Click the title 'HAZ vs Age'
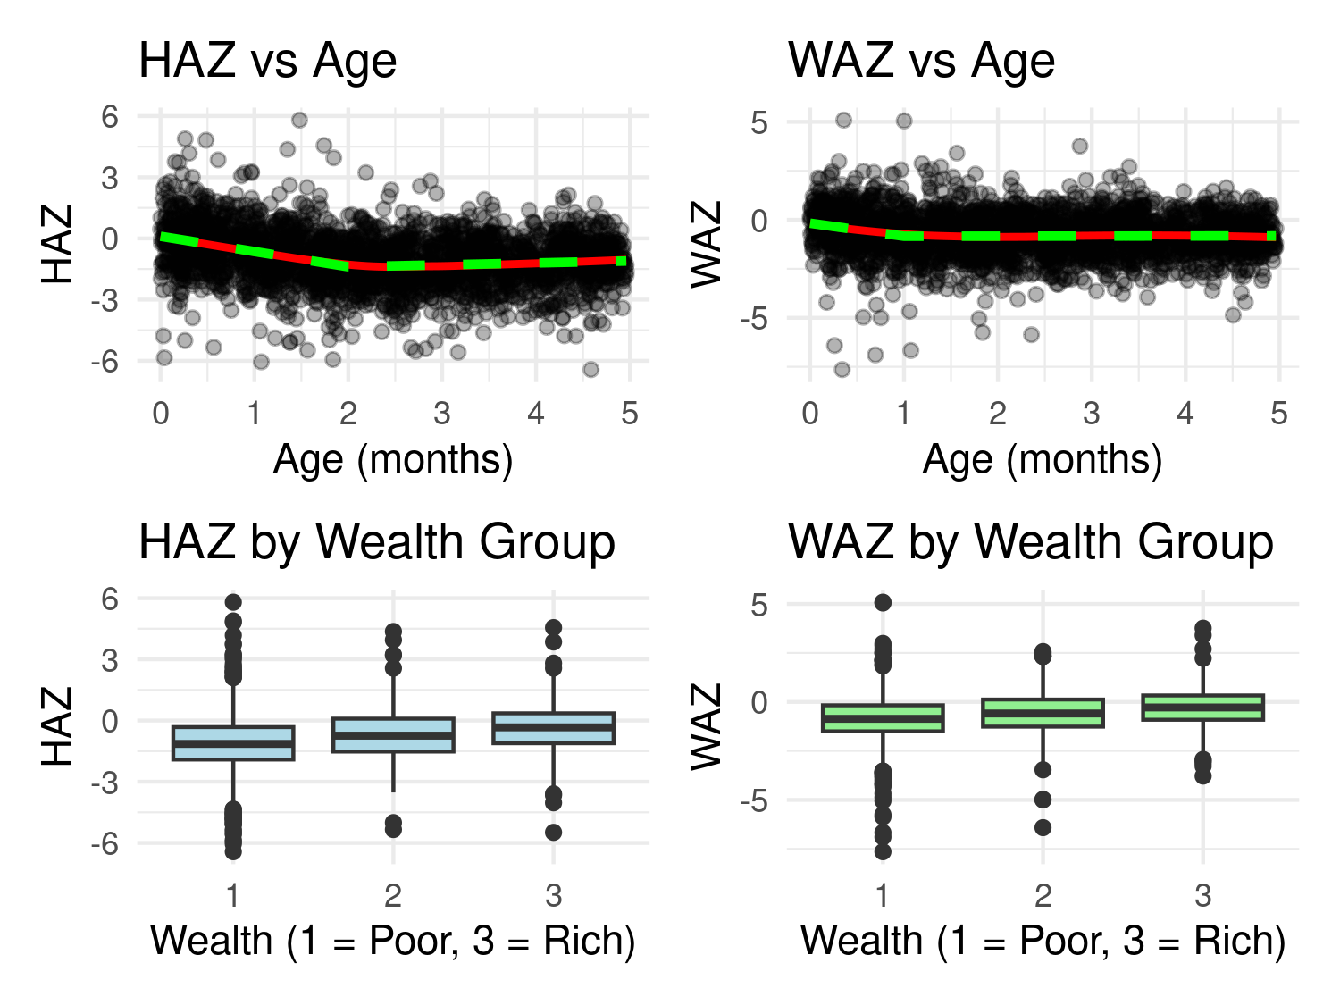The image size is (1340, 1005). [267, 61]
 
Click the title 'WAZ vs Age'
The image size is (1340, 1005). [921, 61]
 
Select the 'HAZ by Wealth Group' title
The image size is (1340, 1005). [376, 542]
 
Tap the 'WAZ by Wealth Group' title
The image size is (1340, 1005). [1030, 542]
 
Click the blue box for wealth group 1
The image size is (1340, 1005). [233, 743]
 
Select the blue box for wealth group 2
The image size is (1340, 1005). [393, 734]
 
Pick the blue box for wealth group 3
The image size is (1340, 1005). [554, 728]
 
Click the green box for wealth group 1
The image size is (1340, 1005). [883, 717]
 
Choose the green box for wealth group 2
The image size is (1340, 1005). [1043, 713]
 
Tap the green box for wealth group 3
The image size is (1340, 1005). [1203, 707]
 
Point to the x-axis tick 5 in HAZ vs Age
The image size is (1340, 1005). [630, 414]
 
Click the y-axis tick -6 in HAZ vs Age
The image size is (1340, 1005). [109, 362]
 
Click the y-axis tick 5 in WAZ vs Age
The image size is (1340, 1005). [758, 122]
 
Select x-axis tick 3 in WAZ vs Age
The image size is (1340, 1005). [1091, 414]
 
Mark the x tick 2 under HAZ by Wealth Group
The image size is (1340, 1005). [393, 895]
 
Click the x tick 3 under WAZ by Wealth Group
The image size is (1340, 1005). [1203, 895]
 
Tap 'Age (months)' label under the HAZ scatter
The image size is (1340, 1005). [393, 460]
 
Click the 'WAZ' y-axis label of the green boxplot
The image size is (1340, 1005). [707, 726]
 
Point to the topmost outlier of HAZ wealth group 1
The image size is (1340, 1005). [233, 602]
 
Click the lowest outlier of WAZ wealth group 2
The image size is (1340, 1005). [1043, 827]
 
